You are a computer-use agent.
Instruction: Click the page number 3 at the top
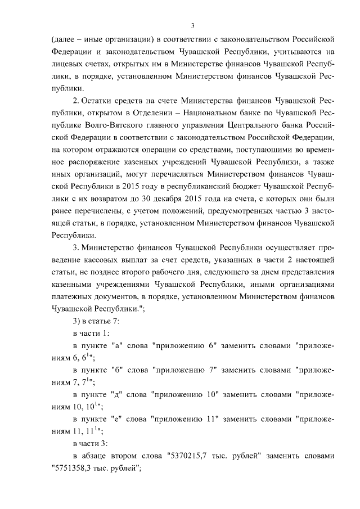192,25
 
